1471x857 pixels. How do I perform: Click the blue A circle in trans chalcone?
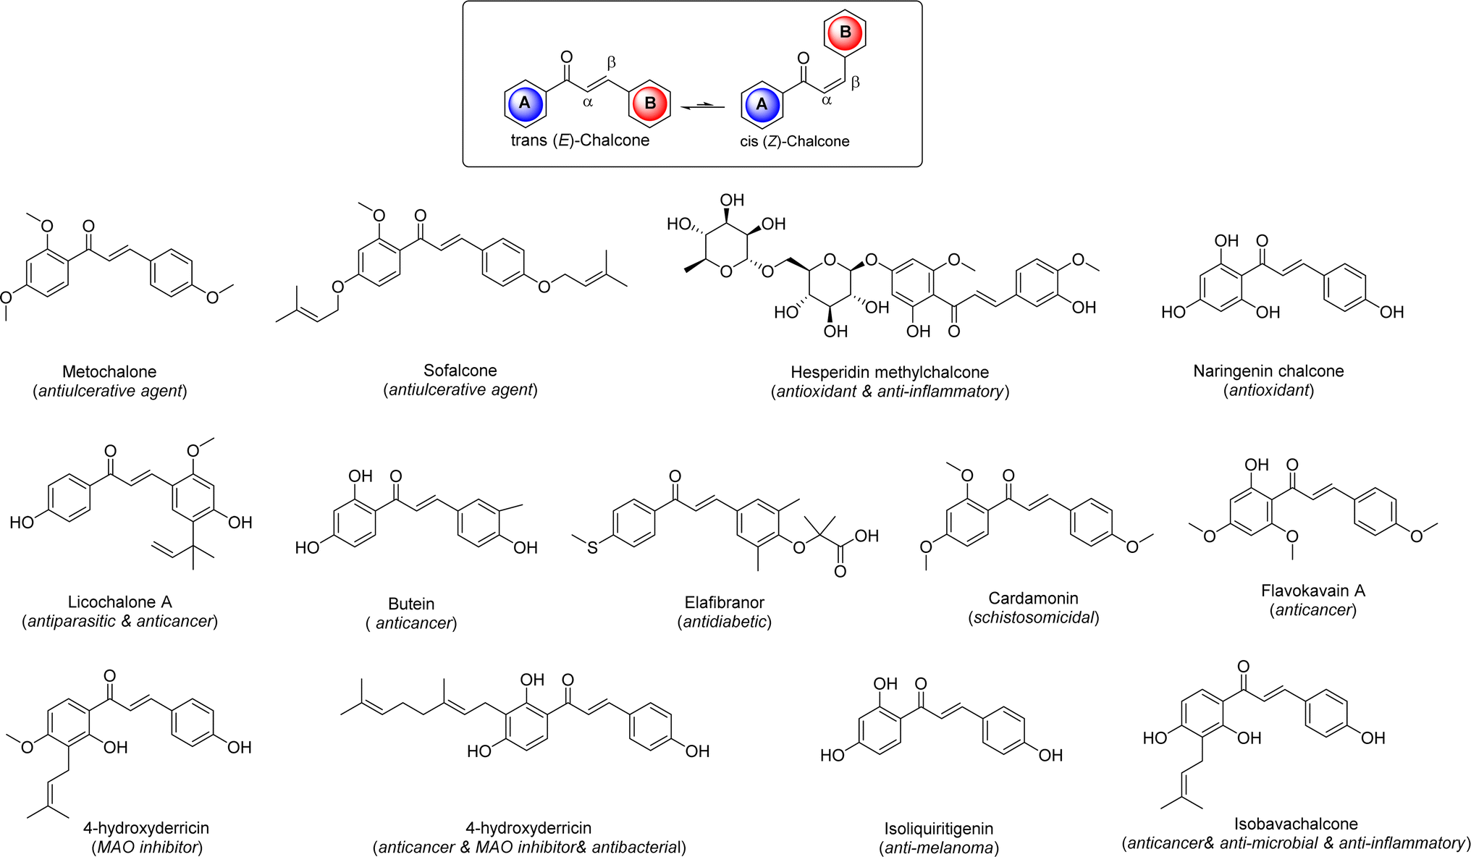click(525, 103)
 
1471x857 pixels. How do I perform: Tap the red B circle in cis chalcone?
click(845, 32)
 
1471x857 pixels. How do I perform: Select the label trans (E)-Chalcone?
click(580, 140)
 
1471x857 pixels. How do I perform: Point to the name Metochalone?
click(109, 372)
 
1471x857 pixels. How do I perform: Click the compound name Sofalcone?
click(460, 371)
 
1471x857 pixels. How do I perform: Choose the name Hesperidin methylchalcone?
click(890, 373)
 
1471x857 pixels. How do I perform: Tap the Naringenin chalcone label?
click(1268, 371)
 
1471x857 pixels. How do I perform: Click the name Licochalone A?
click(120, 602)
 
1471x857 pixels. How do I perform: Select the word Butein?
click(411, 604)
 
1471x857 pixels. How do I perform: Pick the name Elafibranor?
click(725, 602)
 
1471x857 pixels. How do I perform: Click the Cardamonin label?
click(1034, 599)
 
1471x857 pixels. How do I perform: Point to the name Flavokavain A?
click(1313, 591)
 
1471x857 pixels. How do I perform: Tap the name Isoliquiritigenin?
click(939, 829)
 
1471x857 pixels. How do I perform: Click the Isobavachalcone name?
click(1296, 824)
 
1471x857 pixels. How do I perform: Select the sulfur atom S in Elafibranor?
click(592, 548)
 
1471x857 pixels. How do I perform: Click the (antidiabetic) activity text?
click(725, 622)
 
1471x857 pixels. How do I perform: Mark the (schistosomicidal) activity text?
click(1034, 617)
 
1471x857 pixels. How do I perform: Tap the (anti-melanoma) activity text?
click(939, 848)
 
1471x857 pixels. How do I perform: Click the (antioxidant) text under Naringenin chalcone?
click(1269, 390)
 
